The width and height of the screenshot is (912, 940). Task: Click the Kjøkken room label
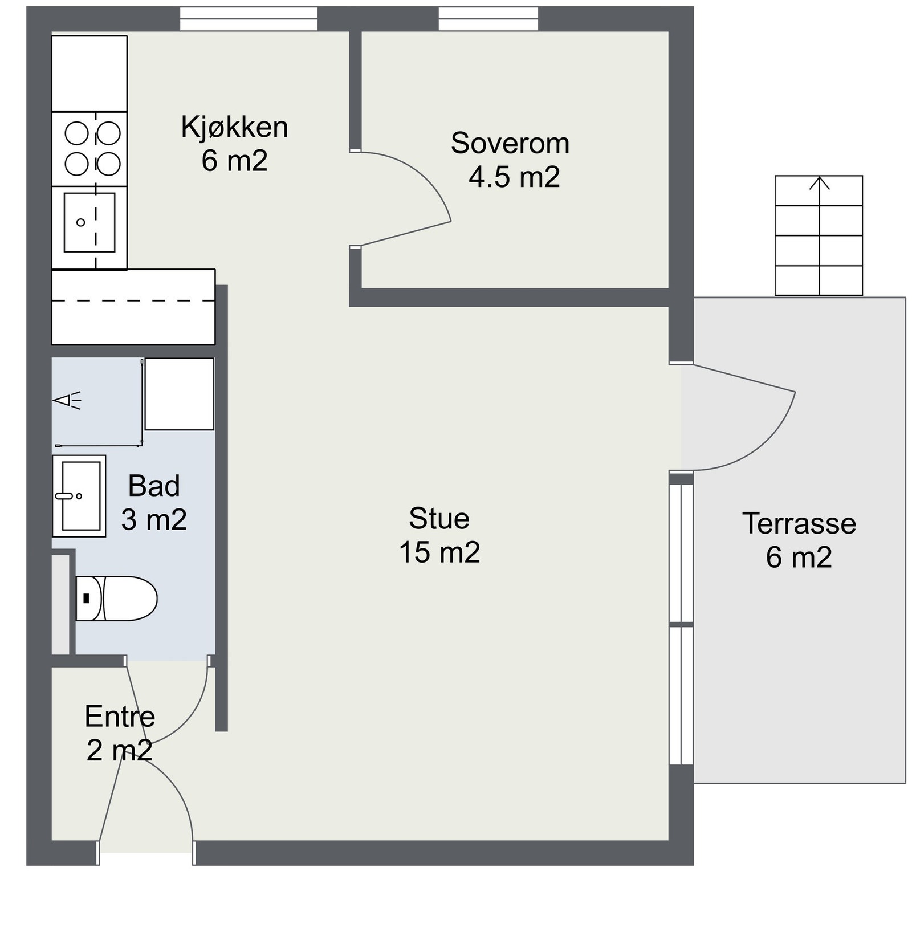click(x=234, y=127)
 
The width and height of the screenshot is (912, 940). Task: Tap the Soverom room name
click(x=510, y=143)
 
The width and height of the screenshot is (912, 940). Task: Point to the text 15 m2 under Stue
click(x=439, y=552)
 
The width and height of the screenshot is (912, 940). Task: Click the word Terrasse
click(x=799, y=523)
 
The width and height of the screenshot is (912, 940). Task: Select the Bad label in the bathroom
click(x=154, y=486)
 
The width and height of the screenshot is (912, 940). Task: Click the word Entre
click(x=120, y=717)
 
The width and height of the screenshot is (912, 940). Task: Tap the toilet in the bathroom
click(x=116, y=598)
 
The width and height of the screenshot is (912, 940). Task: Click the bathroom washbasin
click(x=79, y=496)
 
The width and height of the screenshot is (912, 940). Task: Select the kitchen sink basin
click(x=89, y=222)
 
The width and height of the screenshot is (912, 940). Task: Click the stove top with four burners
click(x=89, y=149)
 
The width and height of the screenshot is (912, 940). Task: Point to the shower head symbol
click(x=67, y=401)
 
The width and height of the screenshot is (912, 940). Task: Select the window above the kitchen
click(x=249, y=18)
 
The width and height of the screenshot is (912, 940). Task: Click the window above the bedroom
click(x=488, y=18)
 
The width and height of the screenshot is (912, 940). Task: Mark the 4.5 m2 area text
click(x=514, y=177)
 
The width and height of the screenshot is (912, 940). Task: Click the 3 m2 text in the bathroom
click(x=154, y=520)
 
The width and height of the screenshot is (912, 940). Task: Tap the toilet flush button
click(x=87, y=598)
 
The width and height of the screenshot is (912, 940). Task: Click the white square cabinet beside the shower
click(x=180, y=394)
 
